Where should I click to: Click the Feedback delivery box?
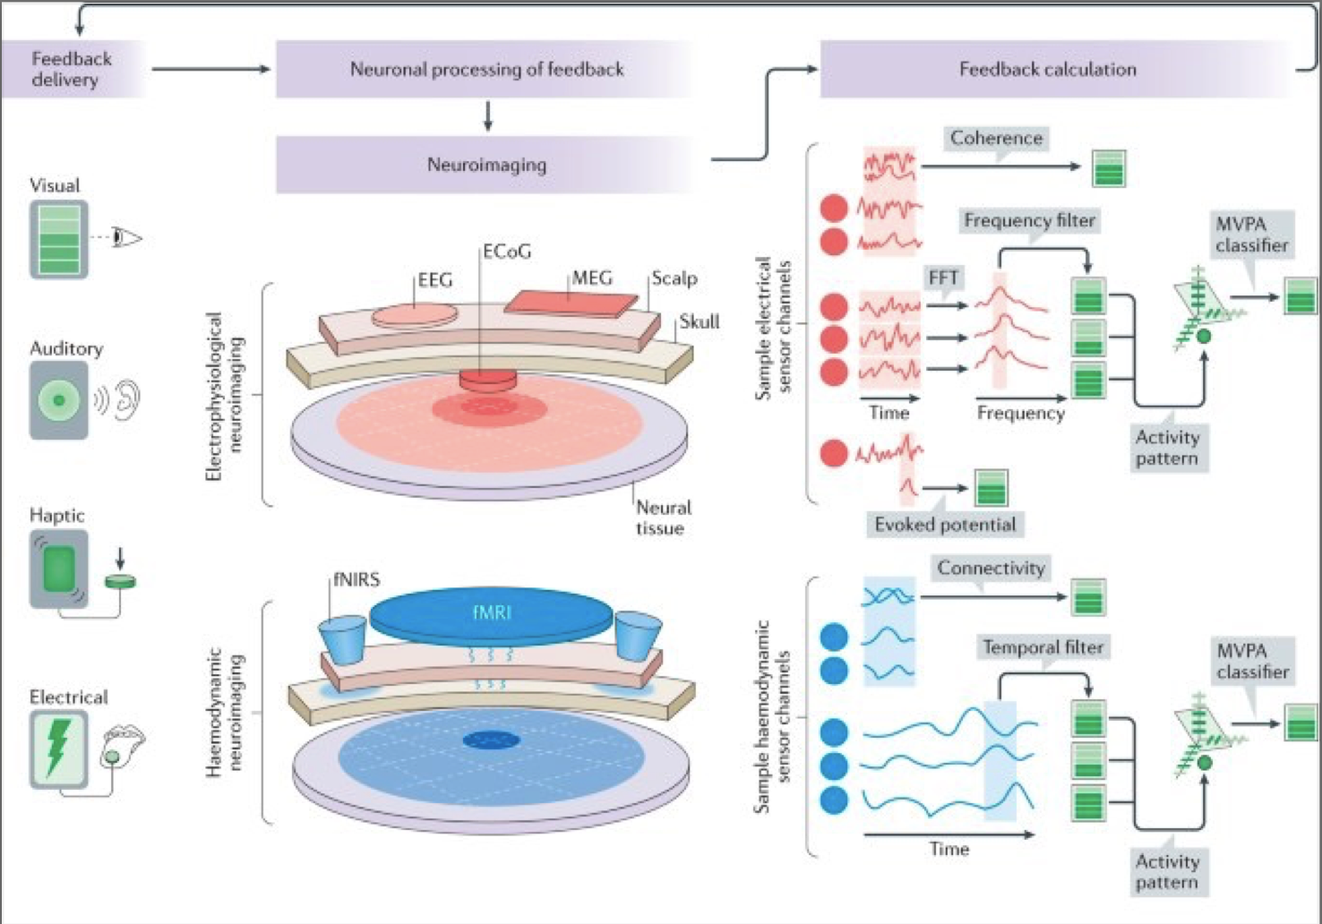pos(72,69)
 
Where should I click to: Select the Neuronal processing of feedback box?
pos(486,69)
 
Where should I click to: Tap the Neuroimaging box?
pos(486,165)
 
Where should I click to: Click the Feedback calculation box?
pos(1048,69)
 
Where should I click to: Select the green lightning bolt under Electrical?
pos(58,748)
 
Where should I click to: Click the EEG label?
pos(435,279)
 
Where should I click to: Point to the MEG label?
pos(592,278)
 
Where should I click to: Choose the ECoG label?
pos(507,252)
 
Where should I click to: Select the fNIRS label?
pos(356,579)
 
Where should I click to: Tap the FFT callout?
pos(943,278)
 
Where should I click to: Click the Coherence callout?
pos(996,140)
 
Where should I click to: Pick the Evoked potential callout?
pos(945,525)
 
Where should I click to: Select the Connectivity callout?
pos(991,569)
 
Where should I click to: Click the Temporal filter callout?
pos(1043,647)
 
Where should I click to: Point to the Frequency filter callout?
pos(1030,220)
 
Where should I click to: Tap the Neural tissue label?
pos(664,518)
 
